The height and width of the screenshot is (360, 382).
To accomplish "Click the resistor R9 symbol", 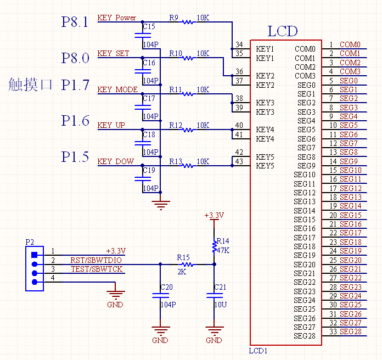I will point(188,22).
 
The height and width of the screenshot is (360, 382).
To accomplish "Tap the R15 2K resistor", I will point(188,265).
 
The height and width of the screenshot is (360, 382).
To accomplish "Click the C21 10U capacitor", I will point(214,295).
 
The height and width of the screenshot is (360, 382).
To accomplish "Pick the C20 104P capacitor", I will point(160,295).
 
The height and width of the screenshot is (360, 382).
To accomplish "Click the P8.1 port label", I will point(75,22).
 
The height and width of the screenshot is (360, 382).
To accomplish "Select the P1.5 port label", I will point(75,157).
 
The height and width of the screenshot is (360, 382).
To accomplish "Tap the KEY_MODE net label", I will point(117,90).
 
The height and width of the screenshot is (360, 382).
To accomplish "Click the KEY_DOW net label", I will point(115,161).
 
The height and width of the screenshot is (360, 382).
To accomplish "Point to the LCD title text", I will point(283,31).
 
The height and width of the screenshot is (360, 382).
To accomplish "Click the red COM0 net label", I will point(350,44).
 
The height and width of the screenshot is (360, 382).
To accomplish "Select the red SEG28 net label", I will point(351,332).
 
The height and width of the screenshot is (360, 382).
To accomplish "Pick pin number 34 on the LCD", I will point(239,44).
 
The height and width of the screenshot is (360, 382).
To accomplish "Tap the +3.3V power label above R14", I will point(214,216).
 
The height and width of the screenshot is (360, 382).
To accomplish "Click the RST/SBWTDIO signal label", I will point(97,260).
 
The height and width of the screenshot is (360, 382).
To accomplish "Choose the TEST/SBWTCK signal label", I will point(97,269).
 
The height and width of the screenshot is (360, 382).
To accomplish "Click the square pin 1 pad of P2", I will point(34,254).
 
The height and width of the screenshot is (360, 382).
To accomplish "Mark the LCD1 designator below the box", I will point(259,350).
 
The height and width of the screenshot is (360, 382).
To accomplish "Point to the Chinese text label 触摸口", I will point(31,85).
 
